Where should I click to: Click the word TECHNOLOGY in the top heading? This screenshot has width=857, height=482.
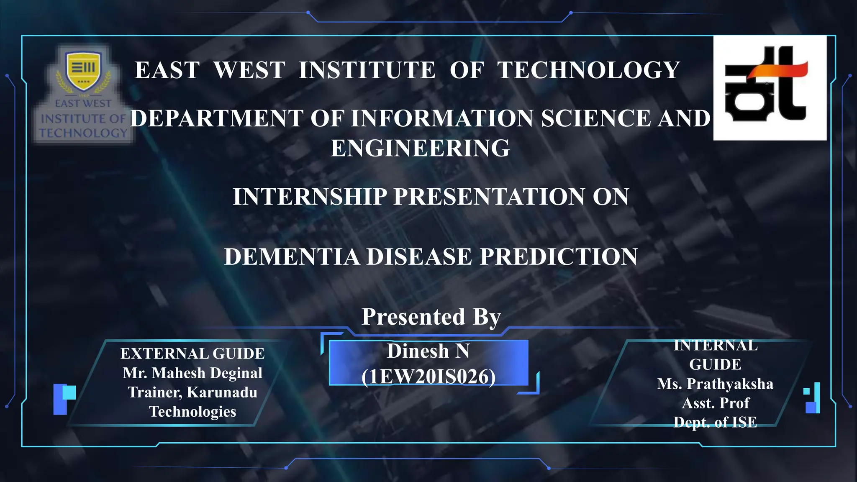pos(588,70)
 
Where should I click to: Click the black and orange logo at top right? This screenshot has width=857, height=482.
pos(770,88)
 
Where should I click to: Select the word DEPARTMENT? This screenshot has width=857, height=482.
pos(216,118)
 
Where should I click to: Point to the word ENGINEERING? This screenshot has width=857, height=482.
pos(420,148)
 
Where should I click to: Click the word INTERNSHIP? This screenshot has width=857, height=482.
pos(310,197)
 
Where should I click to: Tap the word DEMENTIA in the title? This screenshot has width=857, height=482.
pos(292,256)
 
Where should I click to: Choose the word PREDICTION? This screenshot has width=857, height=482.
pos(559,256)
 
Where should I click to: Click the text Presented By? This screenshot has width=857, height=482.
pos(431,317)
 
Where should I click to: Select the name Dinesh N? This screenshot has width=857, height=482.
pos(428,351)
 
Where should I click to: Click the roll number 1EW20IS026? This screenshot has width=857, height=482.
pos(428,377)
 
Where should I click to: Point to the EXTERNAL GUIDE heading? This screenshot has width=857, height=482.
pos(192,354)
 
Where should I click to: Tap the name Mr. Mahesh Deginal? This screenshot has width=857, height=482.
pos(192,373)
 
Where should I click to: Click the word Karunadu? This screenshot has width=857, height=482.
pos(222,392)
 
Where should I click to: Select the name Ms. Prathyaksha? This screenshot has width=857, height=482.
pos(715,384)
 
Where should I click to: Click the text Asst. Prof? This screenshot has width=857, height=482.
pos(715,403)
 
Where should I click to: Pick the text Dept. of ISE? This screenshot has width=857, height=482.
pos(715,422)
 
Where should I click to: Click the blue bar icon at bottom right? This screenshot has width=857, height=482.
pos(812,398)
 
